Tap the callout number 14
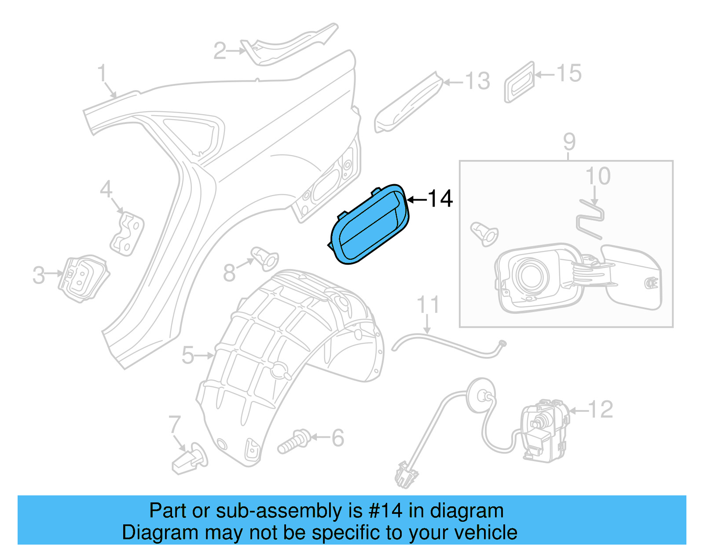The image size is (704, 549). point(440,199)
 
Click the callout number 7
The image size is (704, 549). point(175,425)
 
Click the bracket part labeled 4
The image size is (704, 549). point(127,233)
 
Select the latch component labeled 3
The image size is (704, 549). point(83,278)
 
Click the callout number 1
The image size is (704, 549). point(102,73)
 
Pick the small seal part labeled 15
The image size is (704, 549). point(519,82)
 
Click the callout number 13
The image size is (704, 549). point(477,81)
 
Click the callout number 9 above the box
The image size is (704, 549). point(569,142)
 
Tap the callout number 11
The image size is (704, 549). point(428,305)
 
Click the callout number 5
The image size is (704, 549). point(188,355)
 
